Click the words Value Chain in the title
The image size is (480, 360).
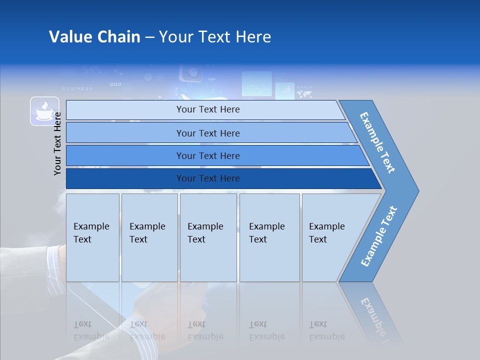(x=94, y=37)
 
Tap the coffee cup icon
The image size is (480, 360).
(x=44, y=111)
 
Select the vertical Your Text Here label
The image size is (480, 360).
(x=57, y=143)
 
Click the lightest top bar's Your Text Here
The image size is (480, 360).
(x=208, y=109)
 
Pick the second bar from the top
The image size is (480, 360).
(x=208, y=133)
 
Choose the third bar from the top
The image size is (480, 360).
(x=208, y=155)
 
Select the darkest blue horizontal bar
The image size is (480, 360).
(x=208, y=178)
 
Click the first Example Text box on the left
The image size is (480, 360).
(x=92, y=237)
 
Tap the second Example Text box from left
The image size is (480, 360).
(x=149, y=237)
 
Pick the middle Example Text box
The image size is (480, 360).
(x=208, y=237)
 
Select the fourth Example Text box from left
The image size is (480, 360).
(x=269, y=237)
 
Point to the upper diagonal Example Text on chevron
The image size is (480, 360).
(x=378, y=142)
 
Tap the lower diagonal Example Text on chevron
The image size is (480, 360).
(x=379, y=236)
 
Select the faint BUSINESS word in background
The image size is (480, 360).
(x=77, y=88)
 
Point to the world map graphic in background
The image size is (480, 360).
(x=304, y=92)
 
